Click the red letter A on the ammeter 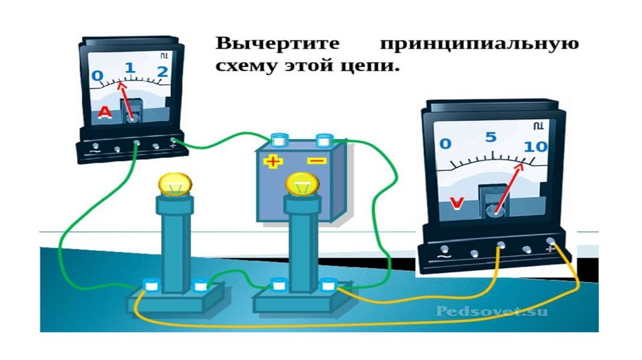click(x=105, y=112)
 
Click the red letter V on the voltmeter click(x=458, y=204)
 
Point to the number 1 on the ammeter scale click(x=130, y=68)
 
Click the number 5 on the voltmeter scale click(x=490, y=137)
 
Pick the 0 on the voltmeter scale click(x=445, y=144)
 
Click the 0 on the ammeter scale click(x=97, y=76)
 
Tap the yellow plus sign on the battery click(x=273, y=162)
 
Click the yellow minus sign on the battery click(x=317, y=161)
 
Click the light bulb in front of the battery click(x=302, y=183)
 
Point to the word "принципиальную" click(x=478, y=46)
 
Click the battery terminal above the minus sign click(x=324, y=139)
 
